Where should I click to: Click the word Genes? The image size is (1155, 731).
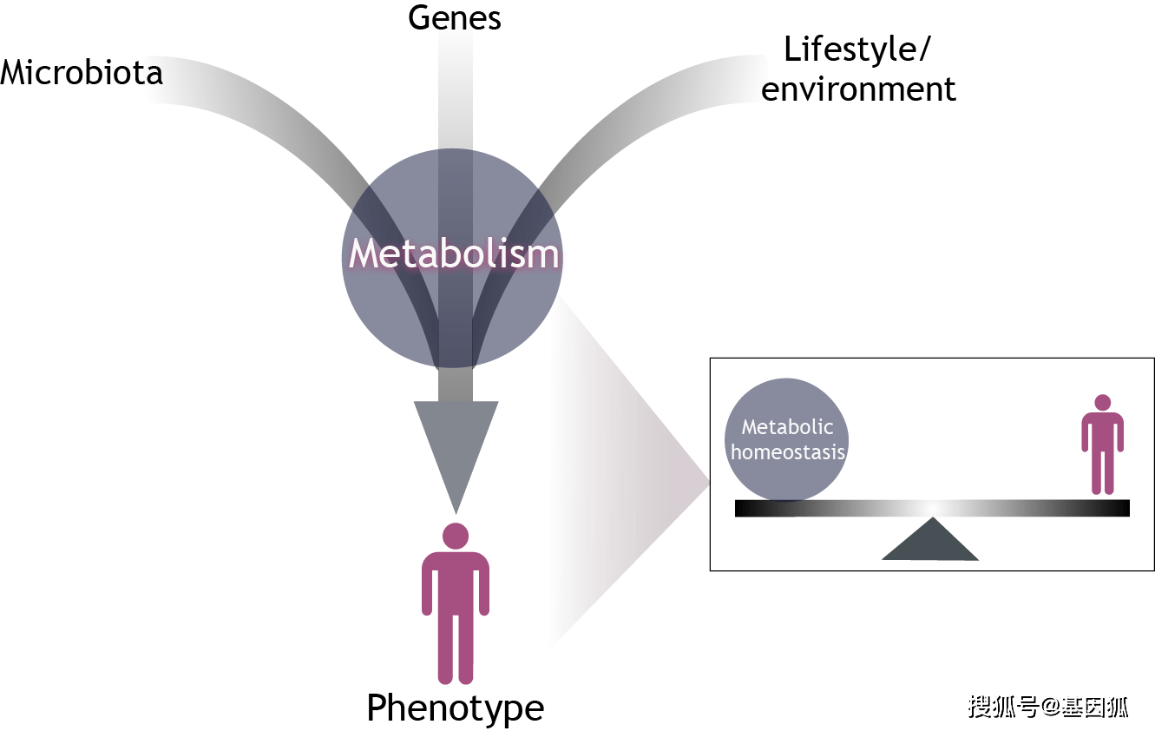[455, 17]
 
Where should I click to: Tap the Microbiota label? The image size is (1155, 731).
[82, 72]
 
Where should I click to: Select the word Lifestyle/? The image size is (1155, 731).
[856, 49]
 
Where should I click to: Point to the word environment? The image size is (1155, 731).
[858, 89]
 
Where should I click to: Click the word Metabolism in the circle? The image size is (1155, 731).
[454, 254]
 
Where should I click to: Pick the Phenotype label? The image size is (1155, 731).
[455, 708]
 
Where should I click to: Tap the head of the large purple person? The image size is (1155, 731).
[456, 535]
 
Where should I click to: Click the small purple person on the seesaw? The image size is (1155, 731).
[1102, 447]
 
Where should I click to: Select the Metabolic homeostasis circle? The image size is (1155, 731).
[786, 439]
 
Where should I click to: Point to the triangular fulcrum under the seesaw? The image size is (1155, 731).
[931, 542]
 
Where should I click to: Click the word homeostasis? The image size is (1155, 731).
[788, 451]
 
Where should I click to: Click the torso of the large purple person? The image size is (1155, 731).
[456, 590]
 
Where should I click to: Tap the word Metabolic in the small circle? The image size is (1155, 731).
[787, 427]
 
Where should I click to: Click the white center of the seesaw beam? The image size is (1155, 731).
[931, 509]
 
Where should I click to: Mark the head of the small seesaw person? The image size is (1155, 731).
[1102, 403]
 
